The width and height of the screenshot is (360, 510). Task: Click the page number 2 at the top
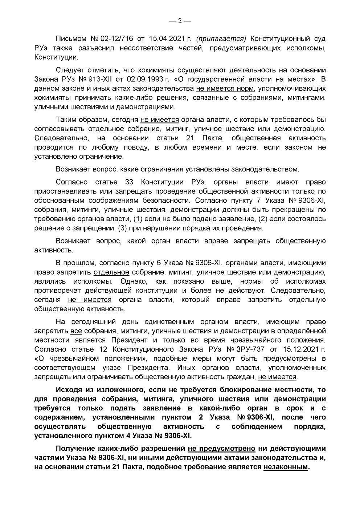(180, 21)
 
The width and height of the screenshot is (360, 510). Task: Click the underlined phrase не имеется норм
(225, 88)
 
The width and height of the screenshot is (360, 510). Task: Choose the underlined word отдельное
(111, 272)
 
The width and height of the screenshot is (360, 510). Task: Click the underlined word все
(76, 331)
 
